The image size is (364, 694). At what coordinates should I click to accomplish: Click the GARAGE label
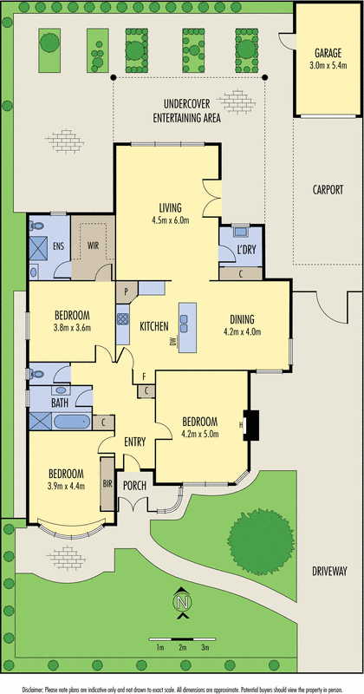(x=328, y=54)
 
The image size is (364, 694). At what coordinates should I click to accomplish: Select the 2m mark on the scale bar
(x=182, y=648)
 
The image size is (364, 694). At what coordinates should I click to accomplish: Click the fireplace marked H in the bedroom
(x=251, y=425)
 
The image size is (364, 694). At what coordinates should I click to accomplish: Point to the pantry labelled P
(x=126, y=291)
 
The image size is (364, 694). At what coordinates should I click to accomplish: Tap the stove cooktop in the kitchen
(x=122, y=319)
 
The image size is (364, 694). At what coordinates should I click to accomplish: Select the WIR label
(x=94, y=245)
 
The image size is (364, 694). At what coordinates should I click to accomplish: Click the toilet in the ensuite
(x=35, y=226)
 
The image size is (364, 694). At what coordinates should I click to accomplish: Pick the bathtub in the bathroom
(x=72, y=421)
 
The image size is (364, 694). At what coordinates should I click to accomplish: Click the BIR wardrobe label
(x=107, y=484)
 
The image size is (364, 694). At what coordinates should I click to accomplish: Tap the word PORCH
(x=134, y=486)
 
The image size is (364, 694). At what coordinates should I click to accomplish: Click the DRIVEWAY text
(x=328, y=572)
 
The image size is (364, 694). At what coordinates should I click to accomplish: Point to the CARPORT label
(x=328, y=190)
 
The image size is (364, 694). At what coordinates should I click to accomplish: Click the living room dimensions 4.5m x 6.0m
(x=171, y=220)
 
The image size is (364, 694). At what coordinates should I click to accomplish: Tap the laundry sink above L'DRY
(x=241, y=231)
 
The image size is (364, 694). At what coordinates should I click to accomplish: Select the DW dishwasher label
(x=173, y=342)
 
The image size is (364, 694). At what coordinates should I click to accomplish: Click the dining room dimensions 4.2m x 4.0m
(x=242, y=331)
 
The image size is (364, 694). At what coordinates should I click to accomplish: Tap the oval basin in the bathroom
(x=61, y=390)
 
